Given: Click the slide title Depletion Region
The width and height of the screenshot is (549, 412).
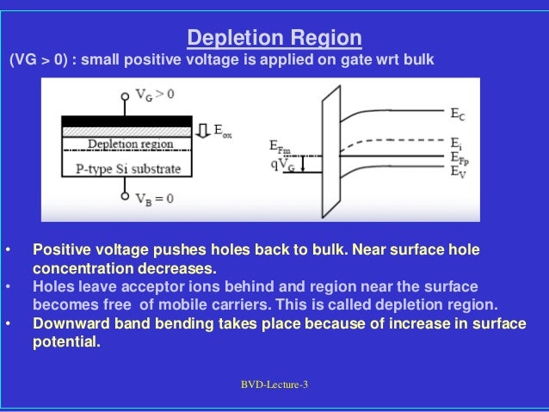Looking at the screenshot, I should (x=274, y=39).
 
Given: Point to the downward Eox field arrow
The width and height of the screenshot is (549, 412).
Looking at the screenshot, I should (x=204, y=130).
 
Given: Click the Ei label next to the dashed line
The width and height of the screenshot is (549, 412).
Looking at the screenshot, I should (x=457, y=142).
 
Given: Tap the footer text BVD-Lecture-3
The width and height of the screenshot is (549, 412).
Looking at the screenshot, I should (x=274, y=384).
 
